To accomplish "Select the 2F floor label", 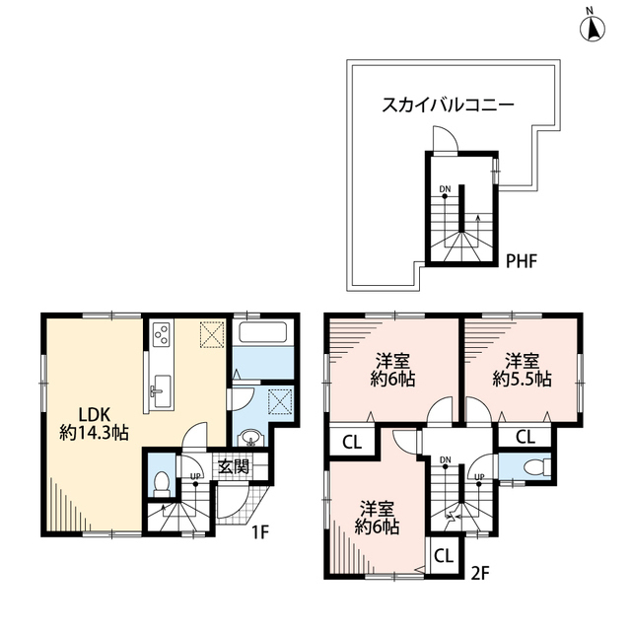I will pyautogui.click(x=481, y=571).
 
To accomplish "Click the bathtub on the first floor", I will pyautogui.click(x=262, y=335).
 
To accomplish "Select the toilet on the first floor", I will pyautogui.click(x=162, y=482).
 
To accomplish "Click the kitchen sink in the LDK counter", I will pyautogui.click(x=158, y=392).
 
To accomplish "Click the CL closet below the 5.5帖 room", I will pyautogui.click(x=526, y=437).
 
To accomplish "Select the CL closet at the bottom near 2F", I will pyautogui.click(x=443, y=556).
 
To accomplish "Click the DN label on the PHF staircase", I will pyautogui.click(x=445, y=191).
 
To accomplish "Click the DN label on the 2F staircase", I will pyautogui.click(x=446, y=459).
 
